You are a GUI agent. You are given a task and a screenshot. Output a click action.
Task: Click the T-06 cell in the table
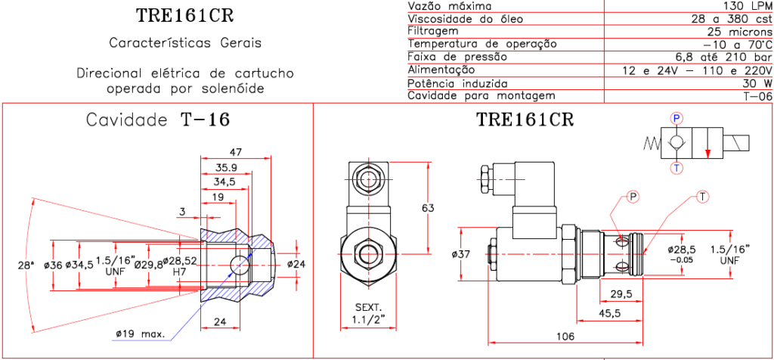point(757,96)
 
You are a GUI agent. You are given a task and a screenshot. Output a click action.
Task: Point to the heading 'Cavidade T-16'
point(157,119)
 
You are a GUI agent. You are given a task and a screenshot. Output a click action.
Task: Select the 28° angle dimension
point(26,265)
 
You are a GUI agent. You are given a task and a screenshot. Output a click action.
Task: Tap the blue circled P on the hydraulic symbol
point(676,118)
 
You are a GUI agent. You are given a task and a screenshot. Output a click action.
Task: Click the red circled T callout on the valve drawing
point(702,197)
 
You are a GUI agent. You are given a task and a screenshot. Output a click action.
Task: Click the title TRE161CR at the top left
point(185,15)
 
